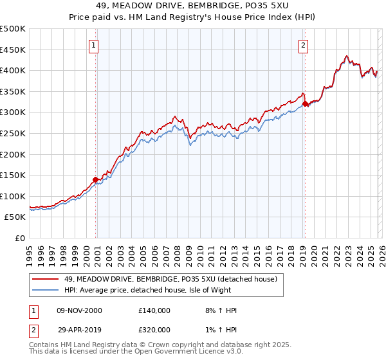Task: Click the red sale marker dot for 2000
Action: point(96,179)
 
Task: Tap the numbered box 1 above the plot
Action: point(94,45)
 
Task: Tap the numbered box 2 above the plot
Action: point(303,45)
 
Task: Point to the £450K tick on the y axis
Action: point(14,50)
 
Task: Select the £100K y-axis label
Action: point(14,196)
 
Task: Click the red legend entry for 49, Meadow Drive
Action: point(170,279)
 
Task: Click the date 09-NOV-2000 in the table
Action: point(80,310)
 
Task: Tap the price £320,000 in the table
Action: point(154,329)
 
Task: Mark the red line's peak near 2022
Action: point(346,57)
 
